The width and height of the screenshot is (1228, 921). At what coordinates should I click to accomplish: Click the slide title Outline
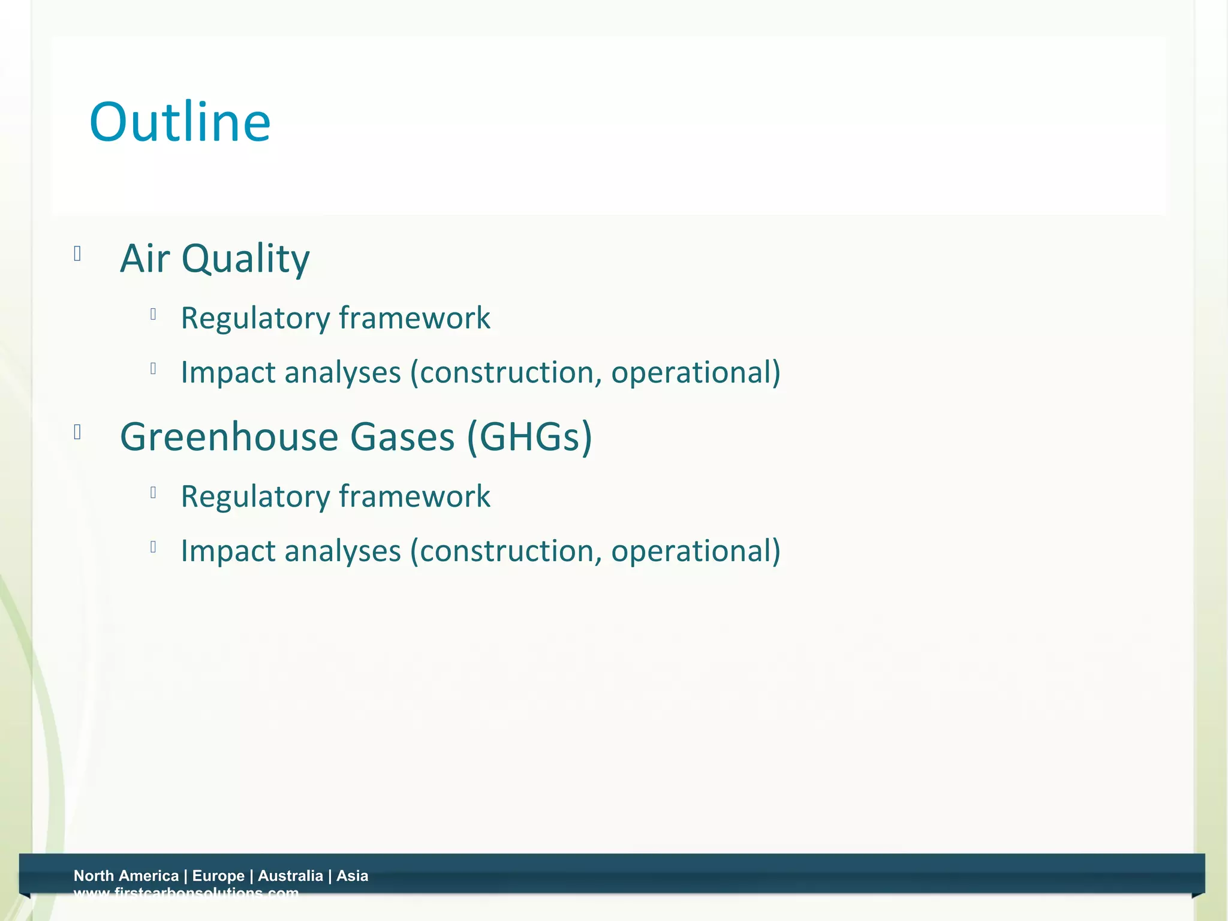(x=180, y=122)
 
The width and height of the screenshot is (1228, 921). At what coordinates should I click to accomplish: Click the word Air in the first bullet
(x=145, y=258)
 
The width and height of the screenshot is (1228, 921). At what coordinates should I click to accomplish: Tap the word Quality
(x=245, y=260)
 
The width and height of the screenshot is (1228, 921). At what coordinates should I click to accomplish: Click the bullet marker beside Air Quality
(x=77, y=254)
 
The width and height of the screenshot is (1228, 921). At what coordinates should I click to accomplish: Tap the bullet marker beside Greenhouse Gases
(x=77, y=432)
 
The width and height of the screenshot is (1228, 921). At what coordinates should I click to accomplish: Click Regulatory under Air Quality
(x=255, y=318)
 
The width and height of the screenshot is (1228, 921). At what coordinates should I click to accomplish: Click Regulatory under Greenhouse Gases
(x=255, y=496)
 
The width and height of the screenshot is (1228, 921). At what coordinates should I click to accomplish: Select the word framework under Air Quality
(x=414, y=318)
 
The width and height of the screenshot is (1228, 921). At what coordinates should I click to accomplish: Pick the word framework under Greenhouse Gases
(x=414, y=496)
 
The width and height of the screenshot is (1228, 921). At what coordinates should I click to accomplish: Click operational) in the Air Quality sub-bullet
(x=696, y=372)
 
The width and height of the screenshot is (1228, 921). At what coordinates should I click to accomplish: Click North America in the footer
(x=126, y=875)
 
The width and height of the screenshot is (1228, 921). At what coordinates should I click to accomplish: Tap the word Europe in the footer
(x=218, y=875)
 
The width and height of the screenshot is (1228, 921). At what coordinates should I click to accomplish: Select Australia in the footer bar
(x=290, y=875)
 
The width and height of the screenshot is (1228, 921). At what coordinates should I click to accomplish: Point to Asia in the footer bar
(x=352, y=875)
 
